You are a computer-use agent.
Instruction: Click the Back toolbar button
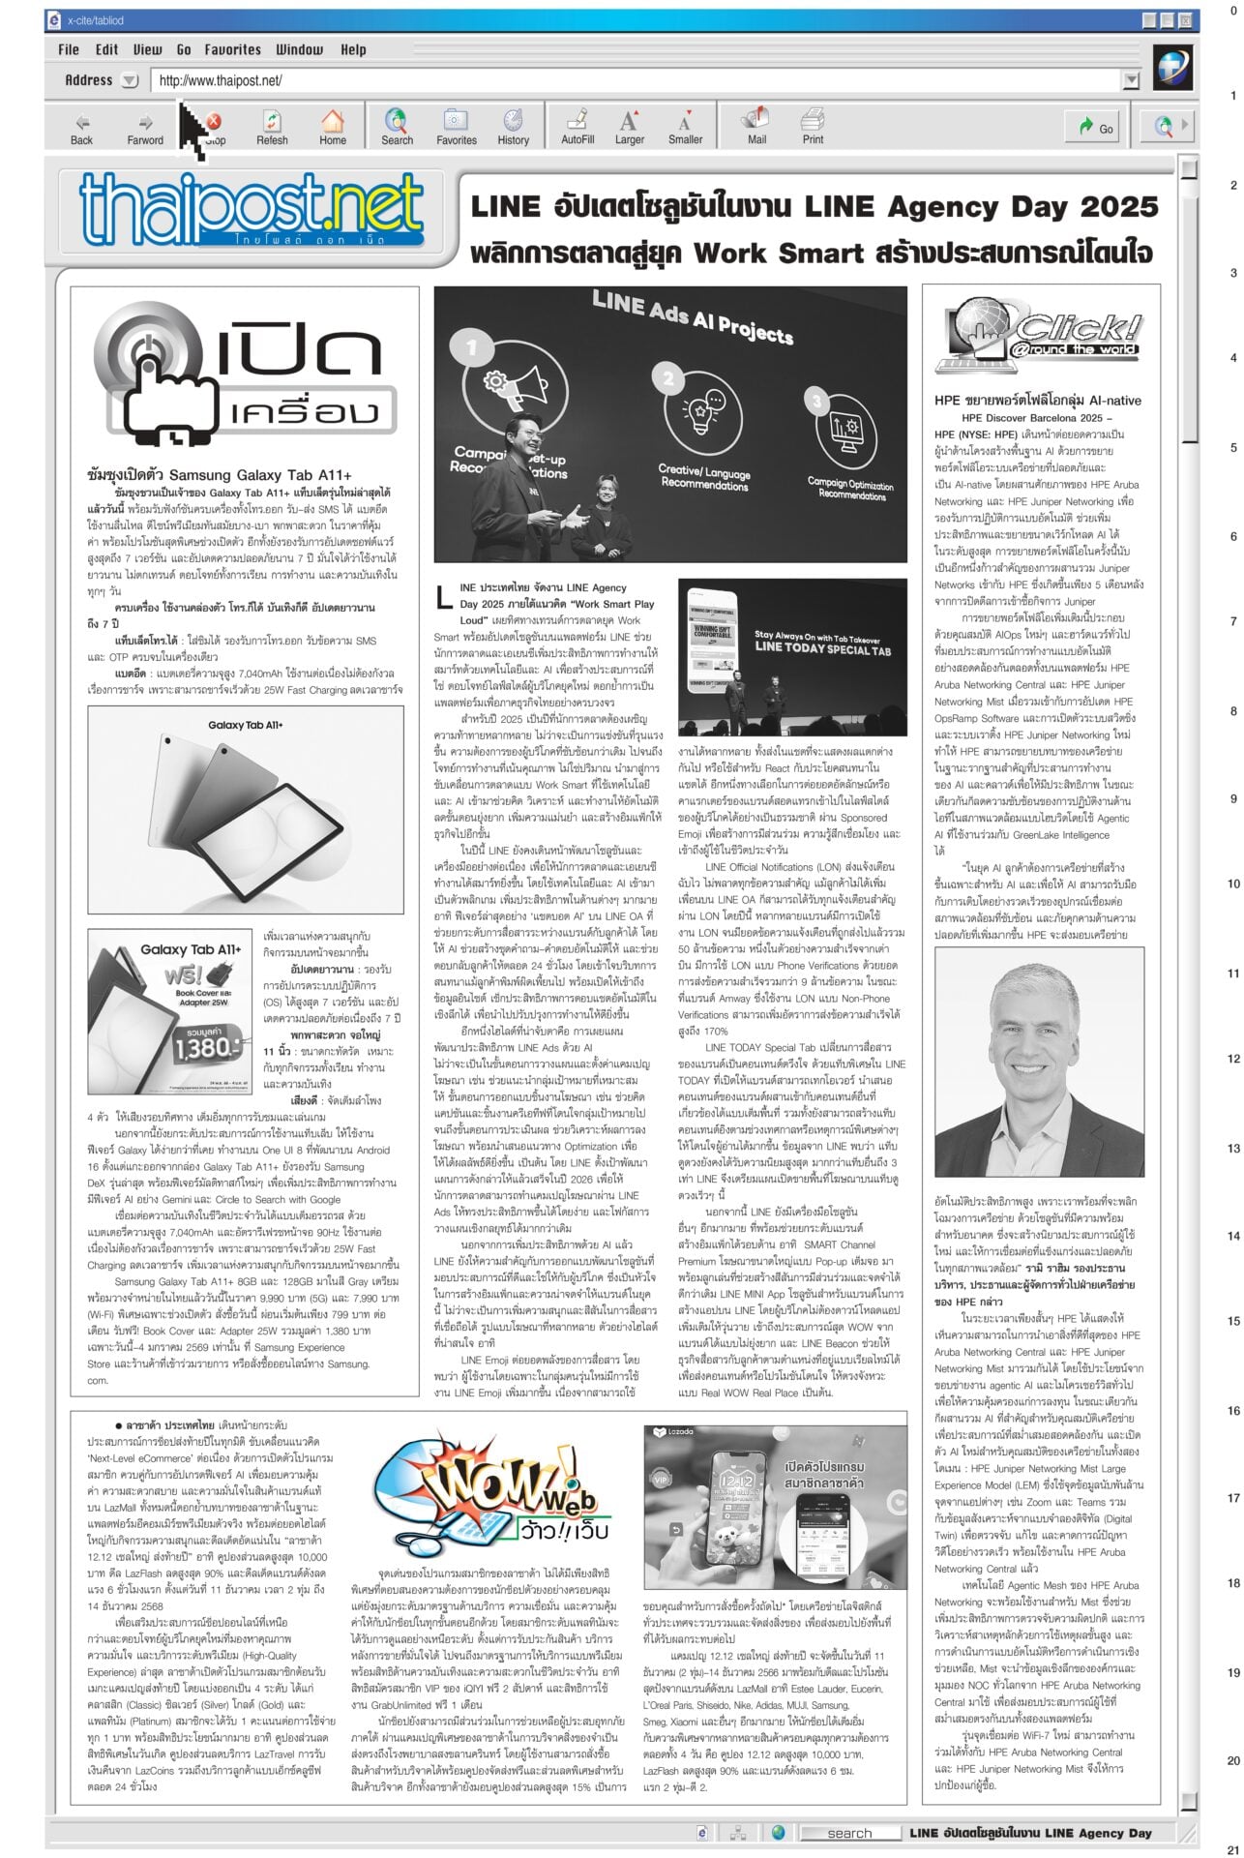tap(82, 127)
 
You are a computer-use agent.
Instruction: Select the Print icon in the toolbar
tap(813, 127)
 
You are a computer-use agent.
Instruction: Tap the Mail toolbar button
tap(755, 127)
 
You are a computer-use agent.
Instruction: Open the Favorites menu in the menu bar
tap(232, 49)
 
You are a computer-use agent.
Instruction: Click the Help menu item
tap(353, 49)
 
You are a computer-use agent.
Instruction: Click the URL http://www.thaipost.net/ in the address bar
tap(221, 80)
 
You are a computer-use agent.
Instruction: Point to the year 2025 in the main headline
tap(1119, 206)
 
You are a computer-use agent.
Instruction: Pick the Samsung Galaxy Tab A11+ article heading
tap(219, 474)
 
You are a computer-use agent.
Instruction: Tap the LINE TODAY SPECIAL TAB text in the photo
tap(822, 647)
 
